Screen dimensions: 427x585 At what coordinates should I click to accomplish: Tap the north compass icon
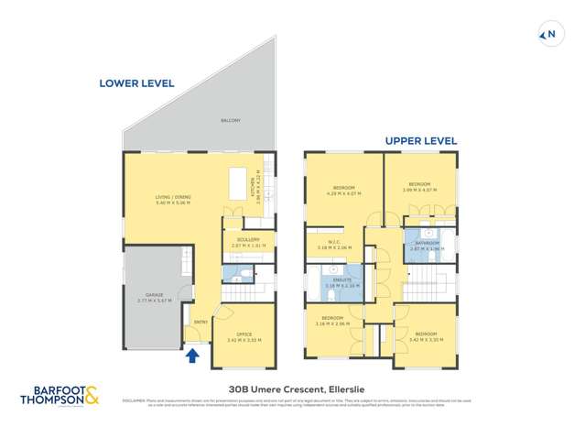550,35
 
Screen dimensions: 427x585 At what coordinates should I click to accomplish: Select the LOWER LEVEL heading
136,83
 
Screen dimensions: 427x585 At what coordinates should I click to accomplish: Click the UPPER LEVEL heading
420,141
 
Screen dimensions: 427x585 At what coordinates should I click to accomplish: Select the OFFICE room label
244,334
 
